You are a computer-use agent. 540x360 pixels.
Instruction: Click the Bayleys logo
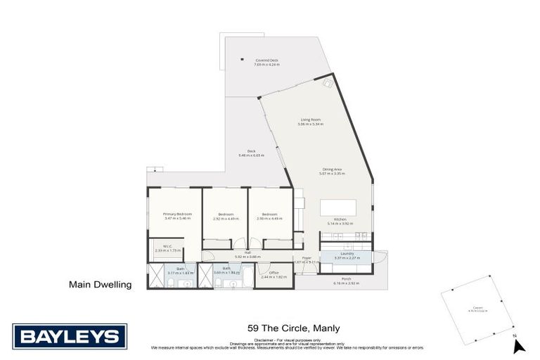[x=70, y=336]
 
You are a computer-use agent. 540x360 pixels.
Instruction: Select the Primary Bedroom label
[x=177, y=216]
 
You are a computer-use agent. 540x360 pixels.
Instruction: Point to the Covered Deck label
[x=266, y=62]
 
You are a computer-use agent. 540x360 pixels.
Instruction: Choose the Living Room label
[x=310, y=122]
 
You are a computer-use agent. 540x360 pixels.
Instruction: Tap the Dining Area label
[x=333, y=171]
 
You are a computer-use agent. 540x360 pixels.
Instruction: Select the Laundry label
[x=345, y=256]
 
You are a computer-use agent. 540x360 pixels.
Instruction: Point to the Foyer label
[x=307, y=259]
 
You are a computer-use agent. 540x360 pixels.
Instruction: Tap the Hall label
[x=247, y=255]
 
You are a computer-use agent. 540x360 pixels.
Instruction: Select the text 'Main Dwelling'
[x=100, y=285]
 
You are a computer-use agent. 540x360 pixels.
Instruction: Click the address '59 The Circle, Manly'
[x=285, y=328]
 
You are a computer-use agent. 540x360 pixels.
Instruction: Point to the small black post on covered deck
[x=241, y=58]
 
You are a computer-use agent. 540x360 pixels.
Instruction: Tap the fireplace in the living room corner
[x=327, y=82]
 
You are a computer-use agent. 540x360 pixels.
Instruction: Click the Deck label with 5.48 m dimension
[x=251, y=153]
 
